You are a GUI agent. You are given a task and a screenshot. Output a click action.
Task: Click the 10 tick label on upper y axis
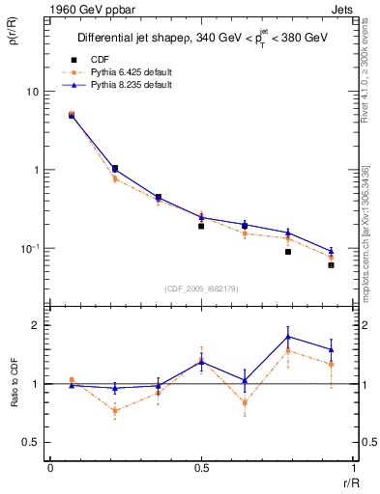point(31,92)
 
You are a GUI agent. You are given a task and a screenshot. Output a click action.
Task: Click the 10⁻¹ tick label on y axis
point(29,248)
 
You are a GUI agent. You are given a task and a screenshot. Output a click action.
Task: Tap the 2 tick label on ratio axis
point(36,325)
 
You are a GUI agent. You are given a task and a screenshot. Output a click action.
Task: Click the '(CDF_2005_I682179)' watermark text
point(201,288)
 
